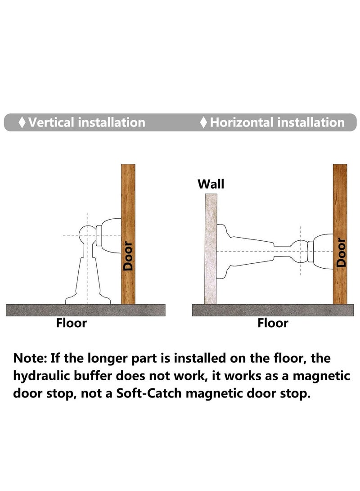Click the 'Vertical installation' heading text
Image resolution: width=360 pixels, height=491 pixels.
click(x=87, y=122)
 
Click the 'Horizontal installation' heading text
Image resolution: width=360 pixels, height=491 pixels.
click(x=277, y=122)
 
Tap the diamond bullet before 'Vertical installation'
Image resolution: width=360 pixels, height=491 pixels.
click(x=22, y=122)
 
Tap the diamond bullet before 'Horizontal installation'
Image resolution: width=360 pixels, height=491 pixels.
click(x=204, y=122)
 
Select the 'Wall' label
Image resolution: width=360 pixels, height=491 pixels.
click(x=211, y=184)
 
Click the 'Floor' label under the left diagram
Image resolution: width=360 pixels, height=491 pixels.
click(x=72, y=323)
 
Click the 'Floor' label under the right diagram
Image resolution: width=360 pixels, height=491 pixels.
click(x=273, y=323)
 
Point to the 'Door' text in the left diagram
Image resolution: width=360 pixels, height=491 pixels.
click(x=128, y=256)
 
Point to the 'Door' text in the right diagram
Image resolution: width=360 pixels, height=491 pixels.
click(x=341, y=256)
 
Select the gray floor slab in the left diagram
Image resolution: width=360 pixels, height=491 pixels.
click(x=85, y=310)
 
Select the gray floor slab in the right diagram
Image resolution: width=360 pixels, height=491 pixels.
click(x=273, y=310)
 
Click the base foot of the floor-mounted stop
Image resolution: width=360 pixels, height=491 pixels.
click(x=88, y=299)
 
